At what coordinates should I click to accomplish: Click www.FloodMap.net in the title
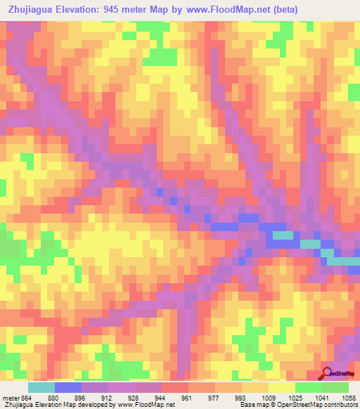coord(217,10)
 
